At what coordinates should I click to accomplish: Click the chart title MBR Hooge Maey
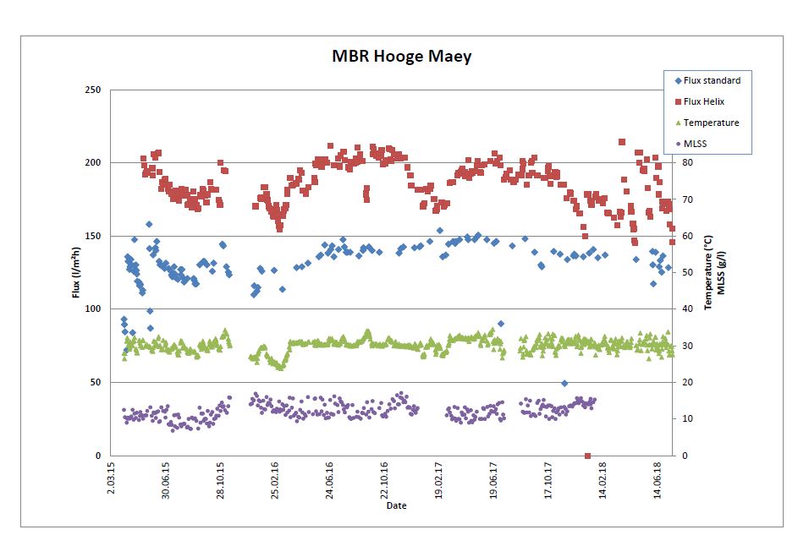(x=401, y=57)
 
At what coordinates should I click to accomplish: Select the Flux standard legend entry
(x=712, y=80)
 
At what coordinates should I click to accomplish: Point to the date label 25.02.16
(x=275, y=482)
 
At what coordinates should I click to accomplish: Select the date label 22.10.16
(x=384, y=482)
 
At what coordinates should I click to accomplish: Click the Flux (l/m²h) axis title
(x=75, y=273)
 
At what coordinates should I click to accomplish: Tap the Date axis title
(x=396, y=505)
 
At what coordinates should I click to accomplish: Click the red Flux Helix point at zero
(x=587, y=456)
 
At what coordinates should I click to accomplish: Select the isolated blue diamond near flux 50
(x=564, y=383)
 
